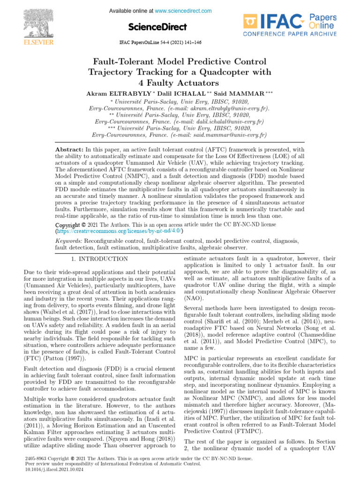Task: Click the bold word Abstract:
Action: point(69,149)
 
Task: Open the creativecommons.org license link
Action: point(119,231)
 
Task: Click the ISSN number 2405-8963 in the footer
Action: point(36,459)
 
